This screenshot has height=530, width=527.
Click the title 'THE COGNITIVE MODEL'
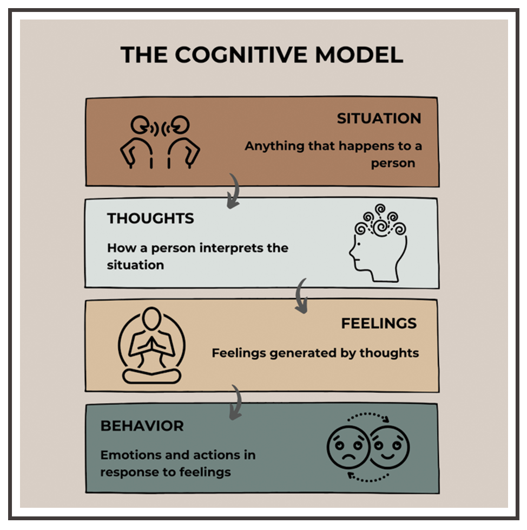point(262,56)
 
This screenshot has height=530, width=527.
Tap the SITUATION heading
point(379,119)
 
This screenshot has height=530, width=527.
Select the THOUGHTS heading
point(150,218)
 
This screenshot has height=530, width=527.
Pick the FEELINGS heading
point(379,324)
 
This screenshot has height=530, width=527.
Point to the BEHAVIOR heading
point(142,426)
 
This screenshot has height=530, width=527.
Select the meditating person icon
point(151,345)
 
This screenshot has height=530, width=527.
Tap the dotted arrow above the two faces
point(367,417)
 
